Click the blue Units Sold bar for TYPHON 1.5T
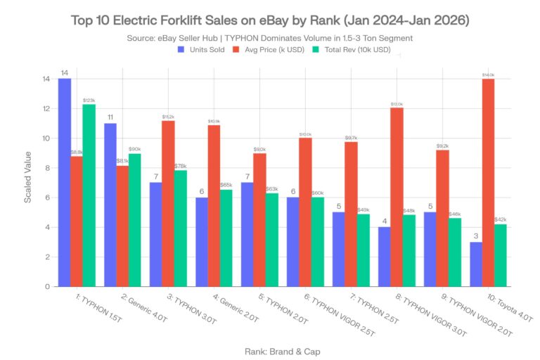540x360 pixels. [x=64, y=183]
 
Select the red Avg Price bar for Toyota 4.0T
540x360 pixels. [x=488, y=183]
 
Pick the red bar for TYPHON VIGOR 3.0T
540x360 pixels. [x=397, y=197]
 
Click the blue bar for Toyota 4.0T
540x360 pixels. [x=476, y=264]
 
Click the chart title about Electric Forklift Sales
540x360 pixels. [x=270, y=20]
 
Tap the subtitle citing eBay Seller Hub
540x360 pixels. [x=270, y=38]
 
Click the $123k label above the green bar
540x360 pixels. [x=89, y=101]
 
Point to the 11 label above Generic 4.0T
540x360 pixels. [x=110, y=117]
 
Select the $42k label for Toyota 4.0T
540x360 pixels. [x=501, y=220]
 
